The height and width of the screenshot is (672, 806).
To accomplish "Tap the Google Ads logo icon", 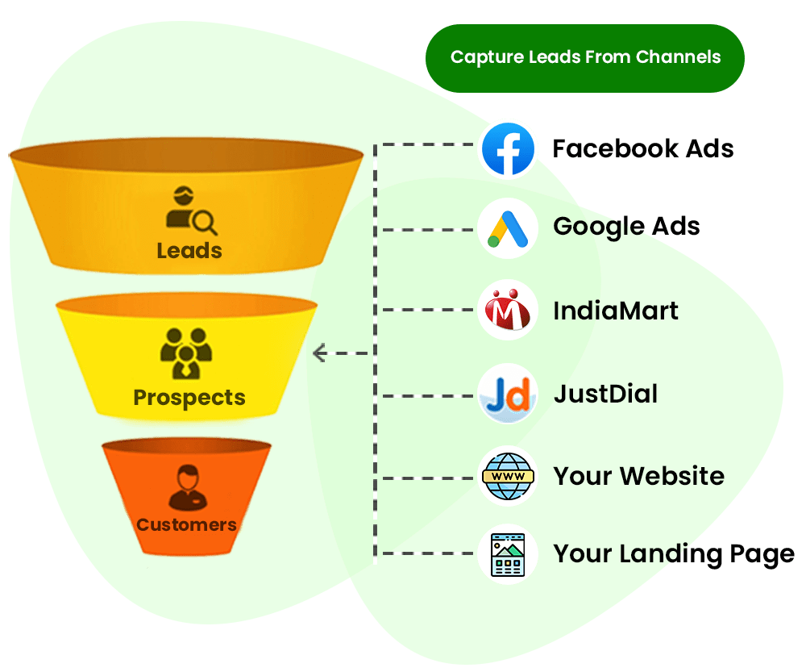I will point(508,228).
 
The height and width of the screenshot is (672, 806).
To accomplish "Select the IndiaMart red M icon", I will point(508,310).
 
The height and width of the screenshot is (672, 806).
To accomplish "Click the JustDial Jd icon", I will point(508,394).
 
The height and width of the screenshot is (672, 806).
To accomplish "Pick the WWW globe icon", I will point(508,476).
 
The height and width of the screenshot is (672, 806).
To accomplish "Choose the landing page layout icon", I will point(508,554).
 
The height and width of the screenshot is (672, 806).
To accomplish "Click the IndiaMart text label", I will point(616,311).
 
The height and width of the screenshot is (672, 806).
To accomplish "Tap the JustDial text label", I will point(605,394).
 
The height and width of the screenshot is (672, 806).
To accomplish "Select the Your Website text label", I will point(638,476).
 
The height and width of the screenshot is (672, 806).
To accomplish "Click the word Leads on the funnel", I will point(189,251).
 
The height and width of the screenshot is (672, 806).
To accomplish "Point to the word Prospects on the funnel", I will point(189,398).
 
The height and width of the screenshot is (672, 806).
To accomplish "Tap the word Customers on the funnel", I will point(186,525).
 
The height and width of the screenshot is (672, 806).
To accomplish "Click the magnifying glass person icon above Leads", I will point(190,211).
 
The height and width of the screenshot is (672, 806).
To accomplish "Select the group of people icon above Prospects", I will point(186,353).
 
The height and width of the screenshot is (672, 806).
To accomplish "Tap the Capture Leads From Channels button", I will point(584,57).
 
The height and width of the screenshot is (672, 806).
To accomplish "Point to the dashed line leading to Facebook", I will point(427,145).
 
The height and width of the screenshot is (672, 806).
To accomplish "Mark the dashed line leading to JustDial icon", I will point(427,395).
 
